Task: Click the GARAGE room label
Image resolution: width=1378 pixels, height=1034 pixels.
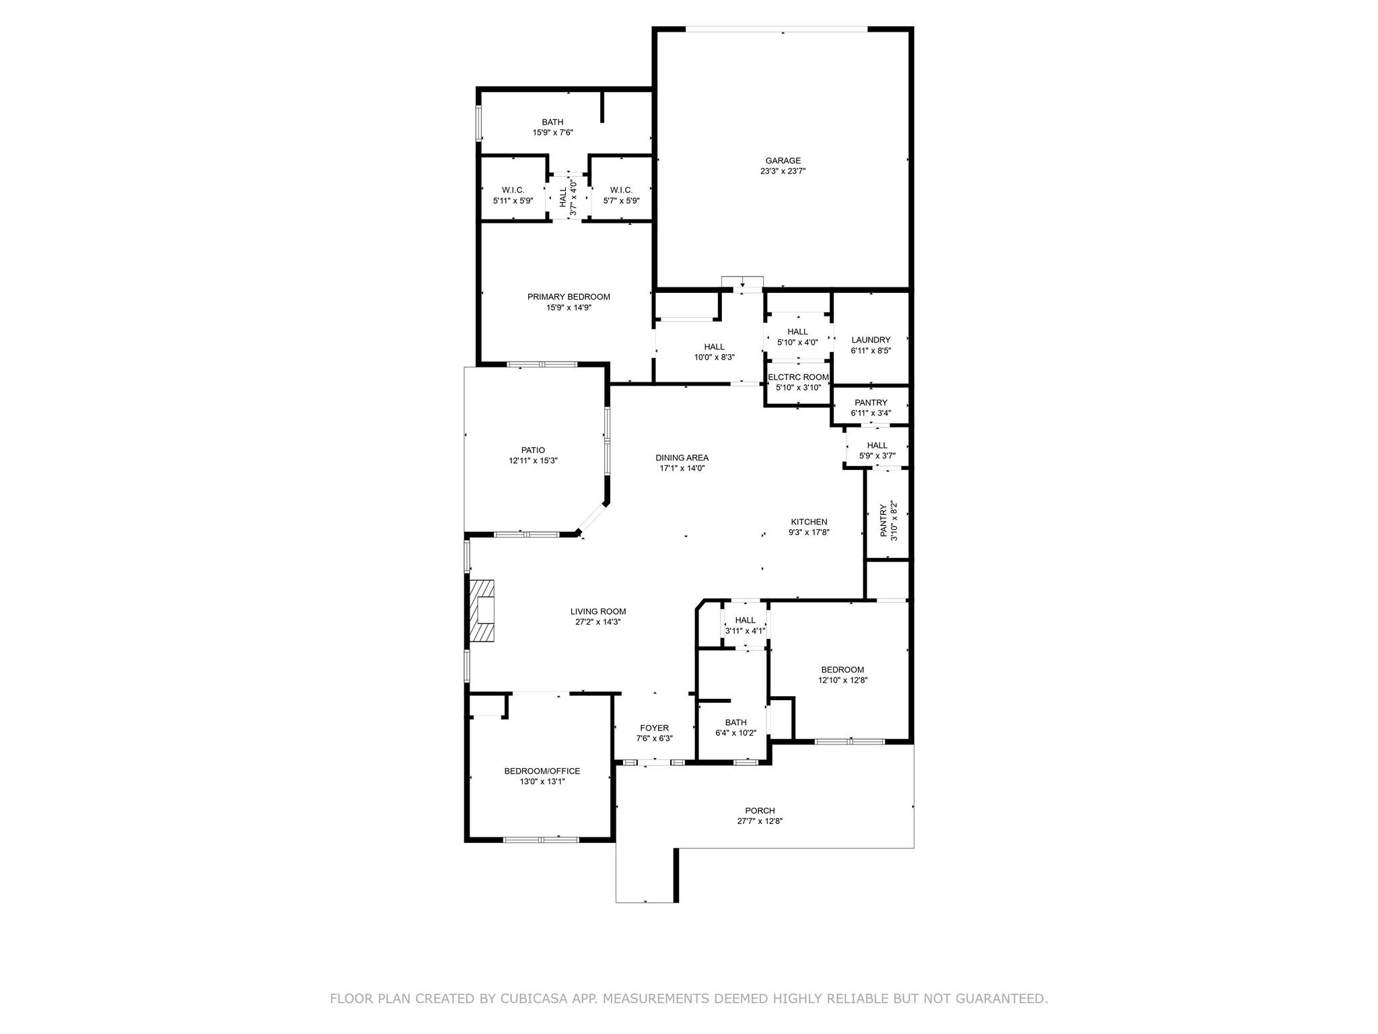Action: pyautogui.click(x=783, y=160)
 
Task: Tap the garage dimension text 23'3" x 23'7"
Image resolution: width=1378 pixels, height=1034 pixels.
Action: pyautogui.click(x=783, y=171)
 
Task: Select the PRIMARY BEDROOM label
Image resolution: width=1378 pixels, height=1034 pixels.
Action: pyautogui.click(x=568, y=297)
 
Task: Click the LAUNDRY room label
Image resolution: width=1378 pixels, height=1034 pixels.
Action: pyautogui.click(x=870, y=340)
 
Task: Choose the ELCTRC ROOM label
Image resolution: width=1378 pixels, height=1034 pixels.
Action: pyautogui.click(x=798, y=377)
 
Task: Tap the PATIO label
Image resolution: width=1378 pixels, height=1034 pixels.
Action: pyautogui.click(x=532, y=450)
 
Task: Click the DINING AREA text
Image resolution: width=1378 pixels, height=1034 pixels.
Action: pyautogui.click(x=682, y=458)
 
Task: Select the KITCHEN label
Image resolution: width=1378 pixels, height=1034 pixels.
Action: pyautogui.click(x=808, y=522)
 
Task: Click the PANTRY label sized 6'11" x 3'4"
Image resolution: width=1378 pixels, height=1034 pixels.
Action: pyautogui.click(x=870, y=403)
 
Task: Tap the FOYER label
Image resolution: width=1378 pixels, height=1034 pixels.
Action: pyautogui.click(x=654, y=728)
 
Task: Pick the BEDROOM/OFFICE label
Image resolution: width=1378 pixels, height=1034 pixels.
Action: pyautogui.click(x=542, y=771)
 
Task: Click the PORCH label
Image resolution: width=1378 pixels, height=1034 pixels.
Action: pyautogui.click(x=759, y=811)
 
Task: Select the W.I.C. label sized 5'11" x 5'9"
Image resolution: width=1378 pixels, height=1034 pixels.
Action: pyautogui.click(x=513, y=191)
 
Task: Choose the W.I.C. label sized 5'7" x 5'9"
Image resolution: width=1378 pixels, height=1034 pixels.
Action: pyautogui.click(x=620, y=191)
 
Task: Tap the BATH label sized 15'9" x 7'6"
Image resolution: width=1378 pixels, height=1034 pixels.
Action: pyautogui.click(x=552, y=122)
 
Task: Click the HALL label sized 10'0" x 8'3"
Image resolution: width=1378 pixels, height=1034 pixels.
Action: pyautogui.click(x=714, y=347)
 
